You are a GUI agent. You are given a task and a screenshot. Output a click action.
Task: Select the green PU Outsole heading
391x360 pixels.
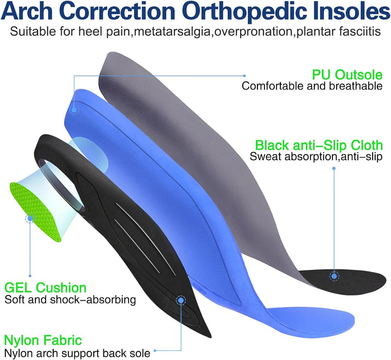(x=347, y=74)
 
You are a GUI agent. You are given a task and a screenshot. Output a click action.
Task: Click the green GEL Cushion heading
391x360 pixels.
(x=45, y=287)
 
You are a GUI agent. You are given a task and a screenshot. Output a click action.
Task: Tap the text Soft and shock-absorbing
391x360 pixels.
(x=70, y=299)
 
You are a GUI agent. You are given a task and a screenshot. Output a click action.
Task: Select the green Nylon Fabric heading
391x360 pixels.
(x=43, y=341)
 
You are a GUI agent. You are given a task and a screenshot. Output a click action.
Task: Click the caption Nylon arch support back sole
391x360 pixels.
(x=77, y=353)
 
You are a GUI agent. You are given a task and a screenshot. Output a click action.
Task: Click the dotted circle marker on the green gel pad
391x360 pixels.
(x=29, y=218)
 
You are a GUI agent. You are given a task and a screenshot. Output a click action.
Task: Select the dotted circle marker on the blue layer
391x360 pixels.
(x=73, y=109)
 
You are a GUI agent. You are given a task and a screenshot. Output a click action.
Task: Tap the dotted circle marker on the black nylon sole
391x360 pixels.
(x=180, y=299)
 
